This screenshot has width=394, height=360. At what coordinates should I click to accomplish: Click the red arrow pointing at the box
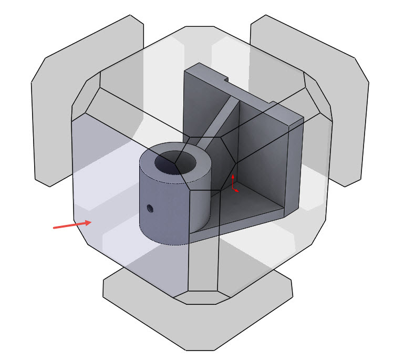[x=72, y=225]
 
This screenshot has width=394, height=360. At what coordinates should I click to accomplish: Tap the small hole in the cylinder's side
[x=150, y=209]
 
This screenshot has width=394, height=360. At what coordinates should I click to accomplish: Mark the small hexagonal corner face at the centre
[x=210, y=163]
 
